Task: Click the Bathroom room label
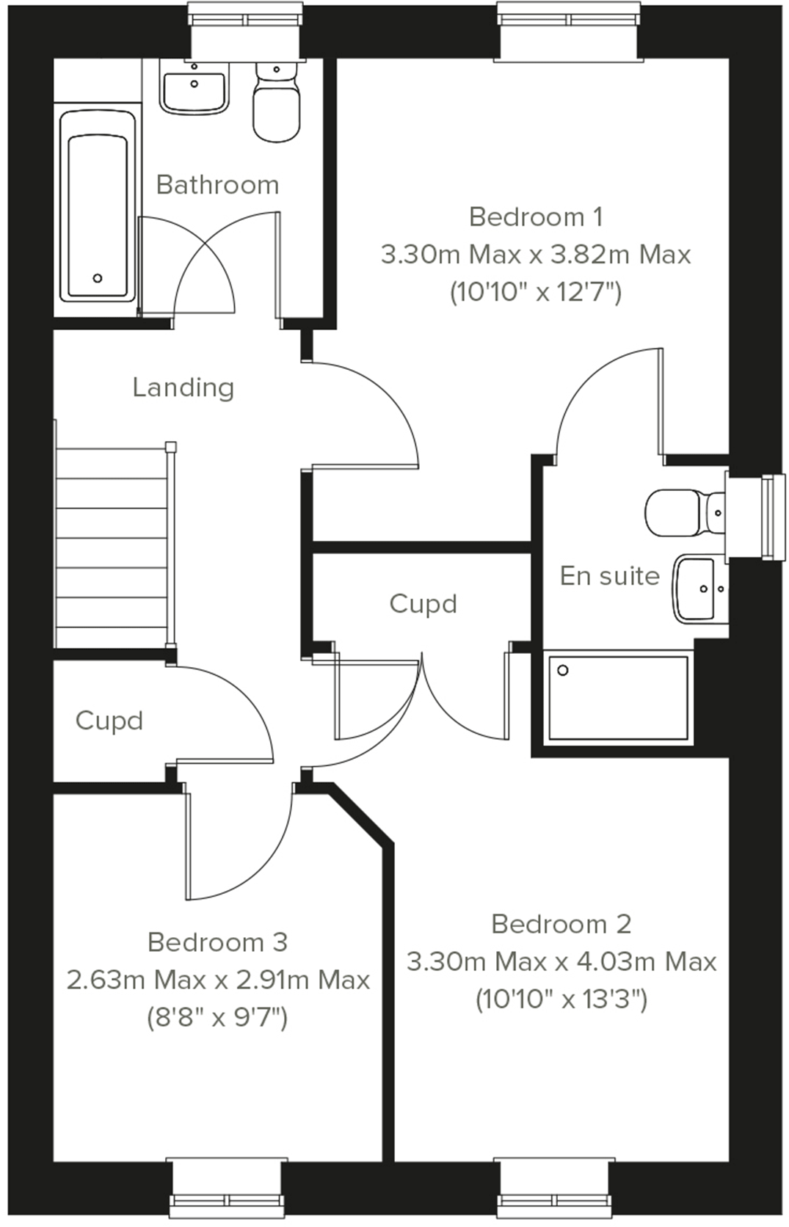217,185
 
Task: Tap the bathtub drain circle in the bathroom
98,278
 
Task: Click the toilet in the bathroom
276,103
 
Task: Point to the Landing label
183,387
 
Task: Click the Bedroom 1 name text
536,217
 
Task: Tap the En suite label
609,576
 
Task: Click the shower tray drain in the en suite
564,670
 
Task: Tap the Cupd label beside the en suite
423,604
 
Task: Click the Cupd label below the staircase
109,721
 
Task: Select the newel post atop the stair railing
171,446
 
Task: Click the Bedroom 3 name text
217,942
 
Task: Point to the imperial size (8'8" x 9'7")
217,1018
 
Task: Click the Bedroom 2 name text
561,924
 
